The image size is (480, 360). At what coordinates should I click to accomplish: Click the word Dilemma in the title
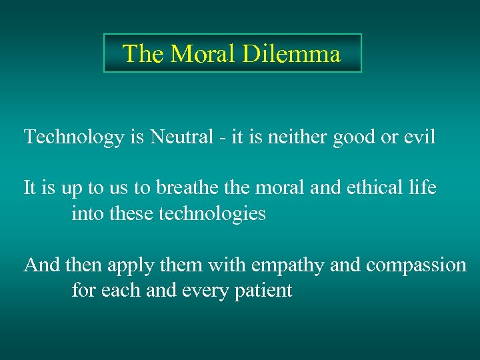(x=291, y=53)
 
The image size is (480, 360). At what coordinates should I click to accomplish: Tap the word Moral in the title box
(x=204, y=53)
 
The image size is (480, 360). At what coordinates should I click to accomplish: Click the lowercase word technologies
(x=213, y=214)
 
